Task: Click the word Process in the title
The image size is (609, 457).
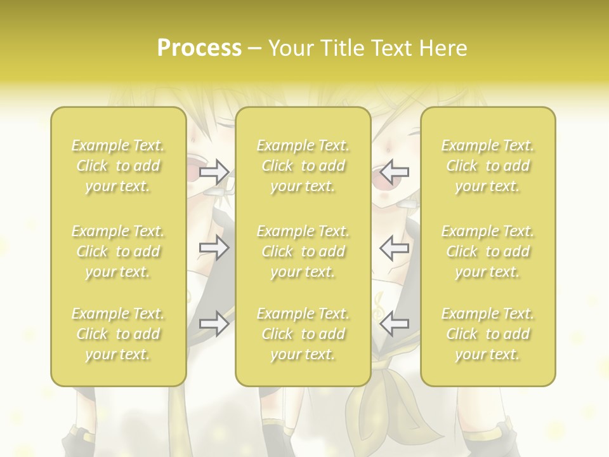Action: [x=199, y=48]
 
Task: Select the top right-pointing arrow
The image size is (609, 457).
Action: [x=214, y=171]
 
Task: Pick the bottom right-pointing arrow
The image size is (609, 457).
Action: [x=214, y=324]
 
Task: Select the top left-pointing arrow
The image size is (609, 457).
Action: [x=395, y=171]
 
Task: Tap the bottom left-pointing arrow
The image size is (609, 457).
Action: [x=395, y=324]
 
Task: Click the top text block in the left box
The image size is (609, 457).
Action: [x=118, y=166]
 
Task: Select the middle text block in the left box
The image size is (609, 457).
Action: [x=118, y=251]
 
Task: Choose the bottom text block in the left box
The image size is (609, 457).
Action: [x=118, y=334]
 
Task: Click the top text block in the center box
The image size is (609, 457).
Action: [x=303, y=166]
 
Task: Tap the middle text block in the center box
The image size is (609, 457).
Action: [x=303, y=251]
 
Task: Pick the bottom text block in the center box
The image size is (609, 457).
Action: [x=303, y=334]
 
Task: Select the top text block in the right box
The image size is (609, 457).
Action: [x=488, y=166]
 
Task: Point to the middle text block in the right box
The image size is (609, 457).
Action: [x=488, y=251]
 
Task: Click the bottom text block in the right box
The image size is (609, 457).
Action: [x=488, y=334]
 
